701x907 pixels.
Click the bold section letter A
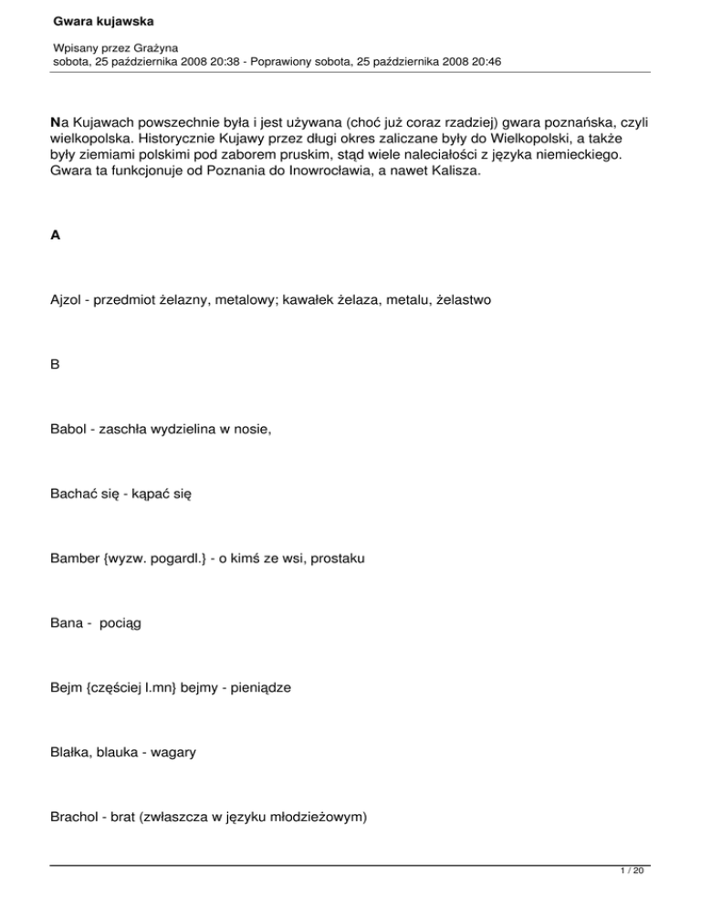[55, 235]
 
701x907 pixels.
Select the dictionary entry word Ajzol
[67, 297]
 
